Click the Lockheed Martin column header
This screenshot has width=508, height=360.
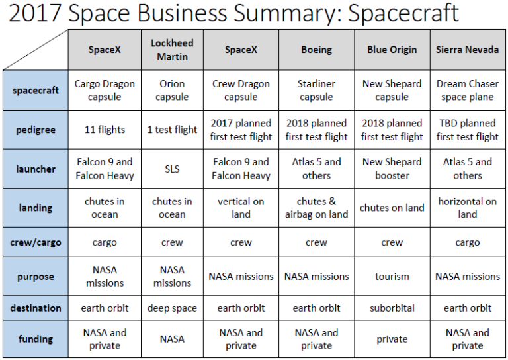click(x=172, y=50)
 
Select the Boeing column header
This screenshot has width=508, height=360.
click(x=316, y=50)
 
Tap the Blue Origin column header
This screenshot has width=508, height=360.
click(x=392, y=50)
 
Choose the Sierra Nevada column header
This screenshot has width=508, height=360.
click(x=467, y=50)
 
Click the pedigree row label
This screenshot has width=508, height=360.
click(x=35, y=130)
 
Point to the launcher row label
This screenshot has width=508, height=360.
click(x=35, y=169)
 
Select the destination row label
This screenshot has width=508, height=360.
click(x=35, y=308)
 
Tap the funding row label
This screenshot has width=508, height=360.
click(x=35, y=339)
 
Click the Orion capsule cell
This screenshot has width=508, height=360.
click(x=172, y=91)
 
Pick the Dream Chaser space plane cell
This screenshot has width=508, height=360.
click(x=467, y=91)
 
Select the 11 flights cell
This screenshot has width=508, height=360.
click(x=105, y=130)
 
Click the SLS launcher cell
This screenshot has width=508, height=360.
click(x=172, y=169)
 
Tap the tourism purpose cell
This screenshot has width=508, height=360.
click(x=392, y=276)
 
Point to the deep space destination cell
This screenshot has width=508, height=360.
click(x=172, y=308)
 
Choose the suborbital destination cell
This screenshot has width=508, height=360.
click(x=392, y=308)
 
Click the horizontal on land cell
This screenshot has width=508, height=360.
click(x=467, y=208)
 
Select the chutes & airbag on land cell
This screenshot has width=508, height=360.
click(x=316, y=208)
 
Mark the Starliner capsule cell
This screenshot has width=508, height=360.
click(x=316, y=91)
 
